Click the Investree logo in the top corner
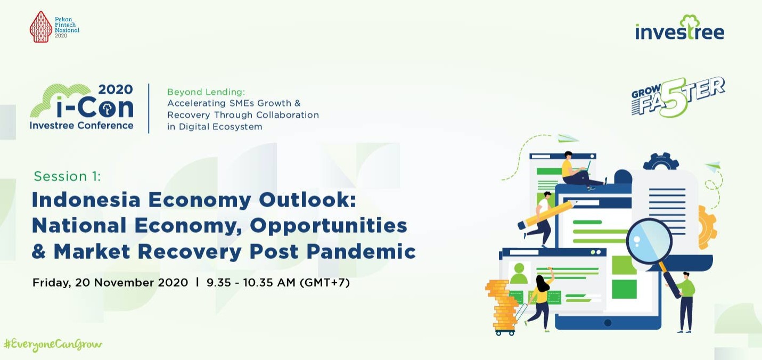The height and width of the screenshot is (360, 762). click(x=679, y=28)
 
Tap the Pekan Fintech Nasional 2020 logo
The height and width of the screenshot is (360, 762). click(x=54, y=27)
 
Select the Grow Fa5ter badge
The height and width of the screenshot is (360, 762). click(x=678, y=97)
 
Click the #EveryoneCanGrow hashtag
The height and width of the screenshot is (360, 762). click(x=53, y=345)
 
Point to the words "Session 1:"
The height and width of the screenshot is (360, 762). click(x=67, y=176)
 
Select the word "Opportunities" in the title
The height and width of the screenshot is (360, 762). click(x=329, y=226)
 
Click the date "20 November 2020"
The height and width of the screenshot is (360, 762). click(x=132, y=282)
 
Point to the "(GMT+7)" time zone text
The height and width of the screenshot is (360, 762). click(x=325, y=282)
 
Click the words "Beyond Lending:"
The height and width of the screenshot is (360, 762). click(x=206, y=92)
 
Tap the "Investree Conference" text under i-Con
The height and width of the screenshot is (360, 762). click(x=81, y=126)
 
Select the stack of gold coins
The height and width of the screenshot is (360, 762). click(x=501, y=305)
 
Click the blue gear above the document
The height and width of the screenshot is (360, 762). click(x=661, y=161)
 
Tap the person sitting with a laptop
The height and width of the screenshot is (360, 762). click(x=580, y=170)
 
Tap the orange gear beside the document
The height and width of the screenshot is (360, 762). click(x=707, y=227)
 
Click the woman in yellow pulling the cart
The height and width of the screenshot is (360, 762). click(x=541, y=303)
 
